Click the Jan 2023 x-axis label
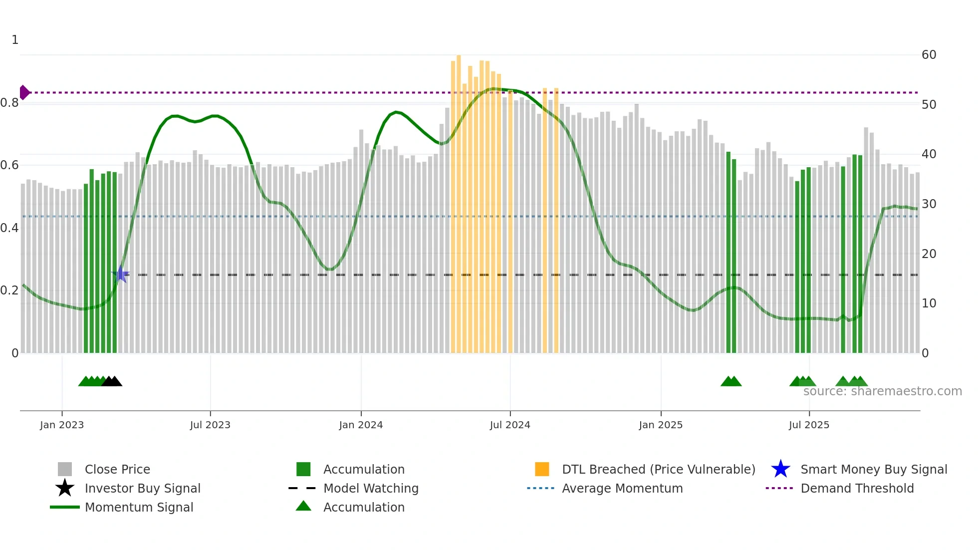click(62, 425)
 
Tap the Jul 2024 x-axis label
click(510, 425)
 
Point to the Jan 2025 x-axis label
click(661, 425)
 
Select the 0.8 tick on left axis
click(9, 103)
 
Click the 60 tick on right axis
click(929, 55)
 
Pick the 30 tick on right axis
click(929, 204)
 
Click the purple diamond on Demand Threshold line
click(24, 92)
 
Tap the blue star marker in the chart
click(120, 274)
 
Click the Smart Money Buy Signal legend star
click(780, 469)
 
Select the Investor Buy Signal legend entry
click(142, 488)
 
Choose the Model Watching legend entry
click(370, 488)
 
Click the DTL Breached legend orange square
click(542, 469)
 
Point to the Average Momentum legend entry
click(622, 488)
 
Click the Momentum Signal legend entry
click(139, 507)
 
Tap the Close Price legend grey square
click(65, 469)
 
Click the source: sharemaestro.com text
click(882, 391)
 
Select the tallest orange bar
click(459, 200)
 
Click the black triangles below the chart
click(112, 381)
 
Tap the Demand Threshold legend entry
click(857, 488)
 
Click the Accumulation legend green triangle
click(303, 506)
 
